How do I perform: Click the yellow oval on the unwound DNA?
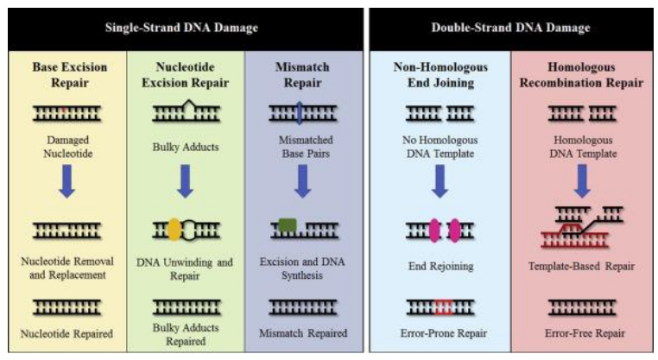[174, 229]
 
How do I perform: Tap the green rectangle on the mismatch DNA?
[288, 227]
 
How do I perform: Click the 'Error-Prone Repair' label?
[440, 333]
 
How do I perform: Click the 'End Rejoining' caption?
[440, 266]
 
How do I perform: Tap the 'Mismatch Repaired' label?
[303, 333]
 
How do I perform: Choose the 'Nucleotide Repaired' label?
[66, 333]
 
